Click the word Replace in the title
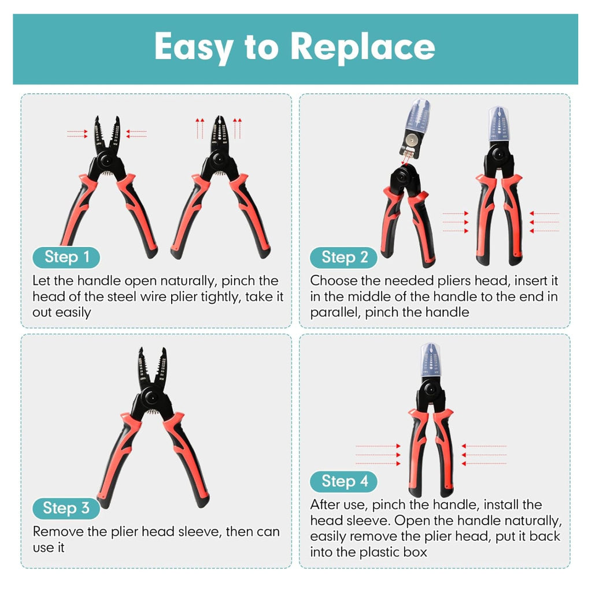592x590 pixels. coord(362,46)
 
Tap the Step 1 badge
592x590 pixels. coord(66,257)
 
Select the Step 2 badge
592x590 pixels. coord(344,257)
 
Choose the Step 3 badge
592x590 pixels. coord(66,508)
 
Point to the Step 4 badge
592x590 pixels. coord(344,482)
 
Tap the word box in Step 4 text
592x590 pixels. coord(415,552)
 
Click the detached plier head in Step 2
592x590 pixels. coord(415,130)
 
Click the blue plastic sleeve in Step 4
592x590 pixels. coord(430,360)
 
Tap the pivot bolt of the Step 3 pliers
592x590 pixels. coord(150,399)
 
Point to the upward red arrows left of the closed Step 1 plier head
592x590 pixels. coord(199,128)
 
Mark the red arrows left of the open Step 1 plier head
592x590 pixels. coord(77,134)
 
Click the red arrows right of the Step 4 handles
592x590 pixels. coord(484,455)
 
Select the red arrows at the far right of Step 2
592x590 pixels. coord(544,222)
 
